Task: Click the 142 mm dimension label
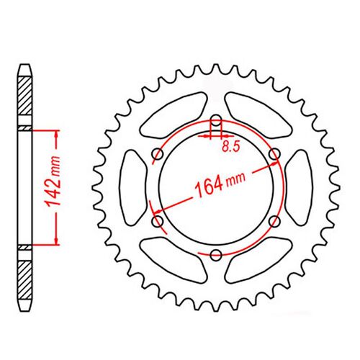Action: pos(53,181)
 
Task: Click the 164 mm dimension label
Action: pos(220,184)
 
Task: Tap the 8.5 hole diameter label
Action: pos(231,146)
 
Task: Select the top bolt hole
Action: pos(216,120)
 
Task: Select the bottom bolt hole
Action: pos(216,255)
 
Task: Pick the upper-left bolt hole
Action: pos(158,154)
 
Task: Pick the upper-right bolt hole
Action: pos(274,154)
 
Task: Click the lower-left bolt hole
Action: pos(158,221)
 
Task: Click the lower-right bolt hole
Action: pos(274,221)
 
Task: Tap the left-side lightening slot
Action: pos(132,188)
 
